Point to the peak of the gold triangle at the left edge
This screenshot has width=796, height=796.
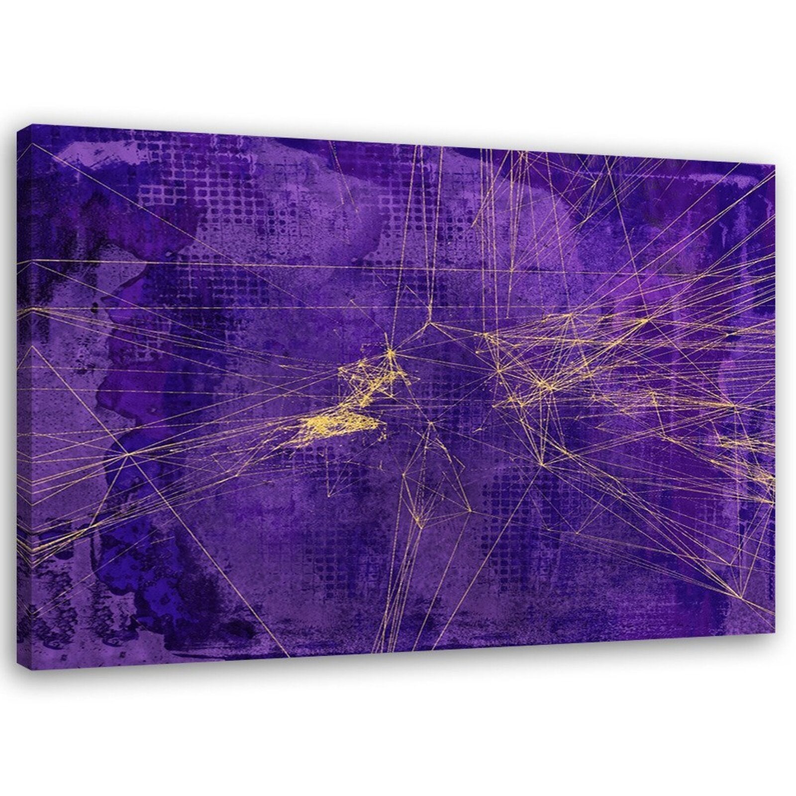33,347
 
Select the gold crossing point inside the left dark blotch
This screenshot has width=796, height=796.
129,454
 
